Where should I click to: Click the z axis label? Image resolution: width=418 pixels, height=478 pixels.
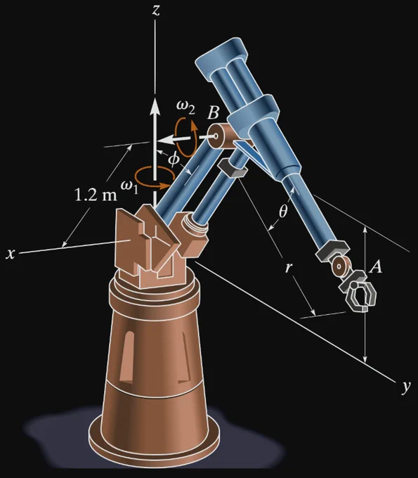click(x=156, y=10)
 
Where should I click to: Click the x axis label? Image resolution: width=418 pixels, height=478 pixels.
click(x=11, y=253)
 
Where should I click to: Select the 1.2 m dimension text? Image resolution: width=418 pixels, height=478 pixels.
click(x=96, y=195)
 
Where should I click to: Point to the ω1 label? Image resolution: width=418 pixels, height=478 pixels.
click(x=129, y=186)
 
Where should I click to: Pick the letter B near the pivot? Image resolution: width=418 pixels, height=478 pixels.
click(x=213, y=112)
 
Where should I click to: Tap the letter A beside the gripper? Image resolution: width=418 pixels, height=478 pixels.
click(x=376, y=266)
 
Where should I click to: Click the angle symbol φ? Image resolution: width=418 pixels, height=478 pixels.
click(x=174, y=159)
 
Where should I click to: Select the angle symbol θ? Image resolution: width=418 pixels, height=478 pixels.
click(x=283, y=211)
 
